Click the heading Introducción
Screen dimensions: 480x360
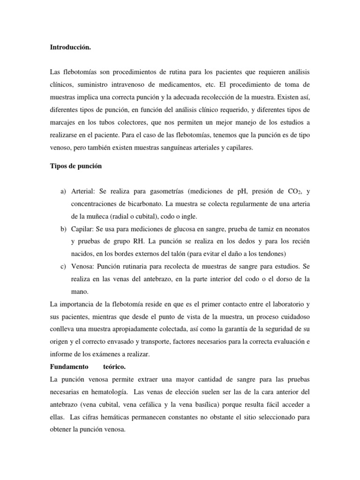pos(68,47)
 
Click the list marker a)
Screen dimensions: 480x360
pos(64,192)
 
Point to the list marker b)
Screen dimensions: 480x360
pos(64,228)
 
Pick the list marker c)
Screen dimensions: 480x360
pos(64,266)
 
